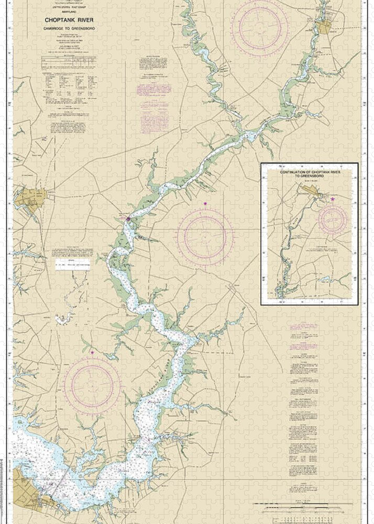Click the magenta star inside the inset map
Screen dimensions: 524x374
(332, 199)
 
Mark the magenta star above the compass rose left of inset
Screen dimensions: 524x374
(205, 203)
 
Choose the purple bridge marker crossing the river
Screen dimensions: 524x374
(128, 219)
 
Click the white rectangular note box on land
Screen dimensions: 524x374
(73, 264)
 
